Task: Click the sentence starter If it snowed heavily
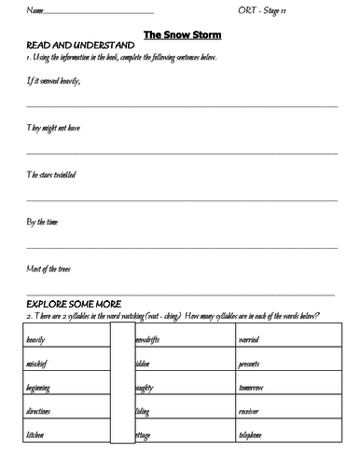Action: tap(48, 80)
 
